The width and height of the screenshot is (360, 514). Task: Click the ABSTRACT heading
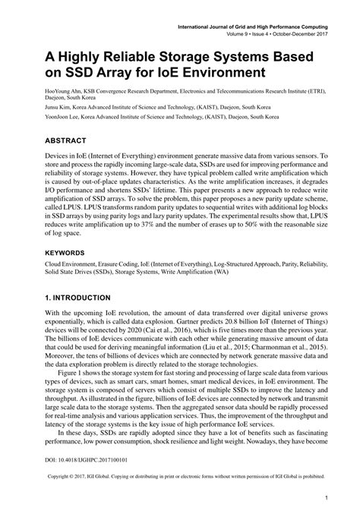(x=53, y=141)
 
